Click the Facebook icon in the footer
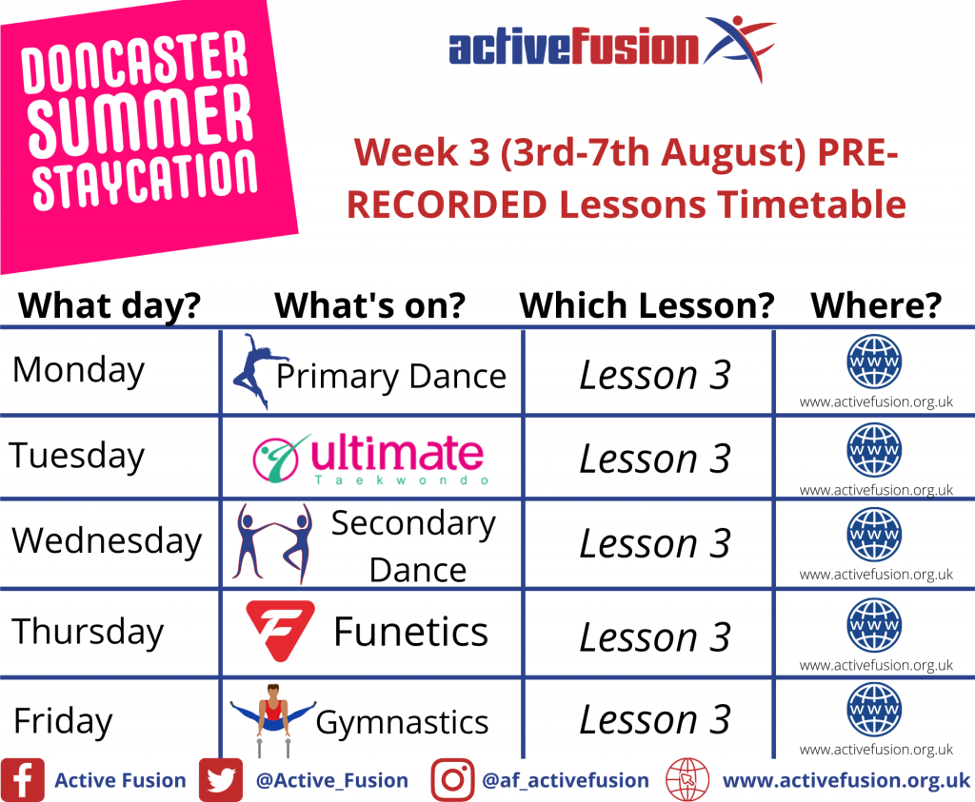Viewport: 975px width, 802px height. (23, 779)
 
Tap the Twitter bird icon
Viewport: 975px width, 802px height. (221, 779)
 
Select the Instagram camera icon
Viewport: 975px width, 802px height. (452, 779)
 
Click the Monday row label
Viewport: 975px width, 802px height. (78, 371)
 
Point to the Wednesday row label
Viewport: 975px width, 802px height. (107, 540)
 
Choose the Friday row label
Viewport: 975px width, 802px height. (63, 721)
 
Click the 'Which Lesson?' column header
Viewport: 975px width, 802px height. (647, 305)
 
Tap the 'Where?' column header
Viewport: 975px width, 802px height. (876, 305)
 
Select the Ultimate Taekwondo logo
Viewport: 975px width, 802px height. (370, 460)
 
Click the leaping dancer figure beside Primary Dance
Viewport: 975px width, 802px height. (259, 371)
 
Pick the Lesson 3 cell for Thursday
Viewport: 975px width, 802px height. (655, 637)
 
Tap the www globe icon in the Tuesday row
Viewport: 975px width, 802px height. (874, 450)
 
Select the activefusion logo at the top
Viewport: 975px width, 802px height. (612, 48)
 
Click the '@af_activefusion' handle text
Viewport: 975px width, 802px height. (566, 780)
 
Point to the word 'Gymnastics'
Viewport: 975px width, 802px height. (402, 723)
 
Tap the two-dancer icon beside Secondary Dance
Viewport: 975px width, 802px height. (271, 543)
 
